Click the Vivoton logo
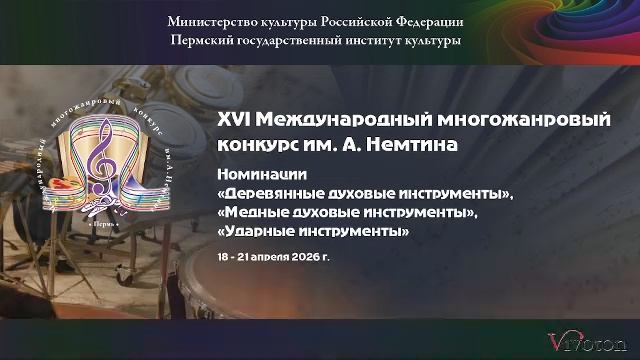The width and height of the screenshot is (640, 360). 590,340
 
